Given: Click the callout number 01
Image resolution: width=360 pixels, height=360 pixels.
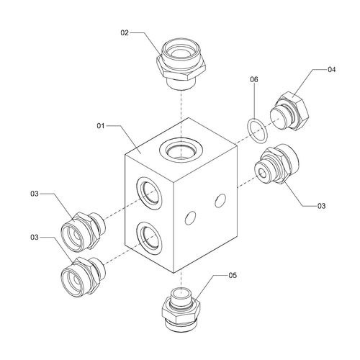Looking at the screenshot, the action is click(x=101, y=126).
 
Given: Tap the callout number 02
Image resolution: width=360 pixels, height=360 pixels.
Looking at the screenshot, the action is click(x=125, y=33).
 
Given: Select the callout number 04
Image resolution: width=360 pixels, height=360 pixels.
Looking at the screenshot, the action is click(x=331, y=70).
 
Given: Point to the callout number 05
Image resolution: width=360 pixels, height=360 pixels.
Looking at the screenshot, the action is click(x=233, y=275).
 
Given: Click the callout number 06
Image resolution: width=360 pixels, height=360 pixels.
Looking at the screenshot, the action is click(x=254, y=79).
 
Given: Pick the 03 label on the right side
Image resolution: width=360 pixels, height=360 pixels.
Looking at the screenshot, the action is click(x=321, y=206).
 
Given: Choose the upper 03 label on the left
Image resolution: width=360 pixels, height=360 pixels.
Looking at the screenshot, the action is click(x=35, y=194).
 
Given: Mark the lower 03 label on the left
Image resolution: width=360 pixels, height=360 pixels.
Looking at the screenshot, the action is click(x=35, y=237).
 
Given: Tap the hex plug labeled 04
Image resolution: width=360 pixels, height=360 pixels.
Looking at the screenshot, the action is click(x=289, y=112).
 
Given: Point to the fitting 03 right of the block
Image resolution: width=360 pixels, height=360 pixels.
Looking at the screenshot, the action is click(x=276, y=164).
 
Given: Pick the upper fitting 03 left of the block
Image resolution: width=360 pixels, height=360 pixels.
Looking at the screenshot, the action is click(x=83, y=231).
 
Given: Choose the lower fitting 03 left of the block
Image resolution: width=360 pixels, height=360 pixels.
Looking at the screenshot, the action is click(x=83, y=276).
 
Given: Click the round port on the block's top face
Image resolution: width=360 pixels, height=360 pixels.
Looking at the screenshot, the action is click(x=181, y=150).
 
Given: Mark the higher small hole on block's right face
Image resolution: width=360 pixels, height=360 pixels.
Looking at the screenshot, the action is click(x=220, y=201).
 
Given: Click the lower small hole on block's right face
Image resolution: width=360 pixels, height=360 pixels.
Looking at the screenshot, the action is click(x=190, y=217).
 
